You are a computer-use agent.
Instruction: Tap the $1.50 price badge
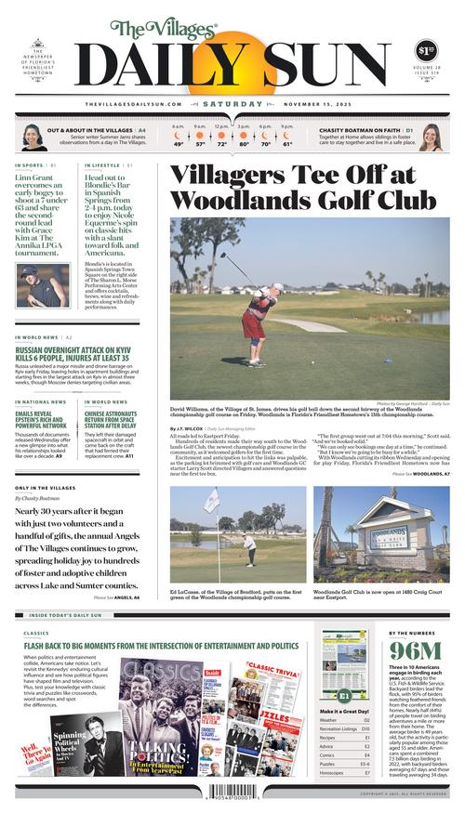pyautogui.click(x=425, y=50)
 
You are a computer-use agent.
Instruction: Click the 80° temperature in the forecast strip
pyautogui.click(x=245, y=144)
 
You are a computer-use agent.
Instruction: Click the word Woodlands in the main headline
pyautogui.click(x=246, y=199)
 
